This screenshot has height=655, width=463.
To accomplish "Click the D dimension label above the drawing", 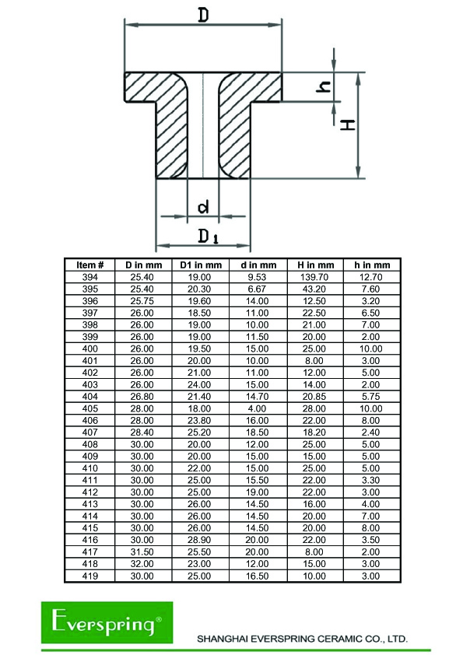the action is pyautogui.click(x=203, y=15).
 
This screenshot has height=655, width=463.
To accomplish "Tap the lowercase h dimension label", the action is pyautogui.click(x=324, y=87).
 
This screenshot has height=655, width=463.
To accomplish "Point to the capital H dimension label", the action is pyautogui.click(x=348, y=124).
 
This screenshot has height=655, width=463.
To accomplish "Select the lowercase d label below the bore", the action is pyautogui.click(x=203, y=207).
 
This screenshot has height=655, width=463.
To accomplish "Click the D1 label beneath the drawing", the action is pyautogui.click(x=208, y=236).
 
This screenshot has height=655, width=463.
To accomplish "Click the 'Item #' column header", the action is pyautogui.click(x=89, y=264).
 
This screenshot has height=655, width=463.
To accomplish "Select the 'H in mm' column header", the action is pyautogui.click(x=315, y=264).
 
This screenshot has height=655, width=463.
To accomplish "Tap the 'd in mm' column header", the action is pyautogui.click(x=258, y=264).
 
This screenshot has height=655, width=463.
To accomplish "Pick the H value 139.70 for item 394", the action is pyautogui.click(x=314, y=277).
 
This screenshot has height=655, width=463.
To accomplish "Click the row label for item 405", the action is pyautogui.click(x=89, y=408).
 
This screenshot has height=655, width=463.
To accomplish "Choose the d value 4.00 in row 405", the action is pyautogui.click(x=257, y=408).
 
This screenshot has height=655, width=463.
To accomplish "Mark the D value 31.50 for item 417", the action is pyautogui.click(x=142, y=552).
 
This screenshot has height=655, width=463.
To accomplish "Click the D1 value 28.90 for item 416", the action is pyautogui.click(x=199, y=540).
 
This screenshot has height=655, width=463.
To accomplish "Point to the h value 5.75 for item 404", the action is pyautogui.click(x=370, y=397).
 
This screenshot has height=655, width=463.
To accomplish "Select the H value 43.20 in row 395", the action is pyautogui.click(x=314, y=289).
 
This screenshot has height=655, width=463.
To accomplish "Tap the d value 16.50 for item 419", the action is pyautogui.click(x=257, y=576).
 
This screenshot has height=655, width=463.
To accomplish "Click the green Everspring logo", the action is pyautogui.click(x=107, y=622).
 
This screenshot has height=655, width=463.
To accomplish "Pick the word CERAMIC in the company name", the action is pyautogui.click(x=336, y=639).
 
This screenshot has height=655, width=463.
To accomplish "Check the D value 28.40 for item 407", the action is pyautogui.click(x=142, y=433).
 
